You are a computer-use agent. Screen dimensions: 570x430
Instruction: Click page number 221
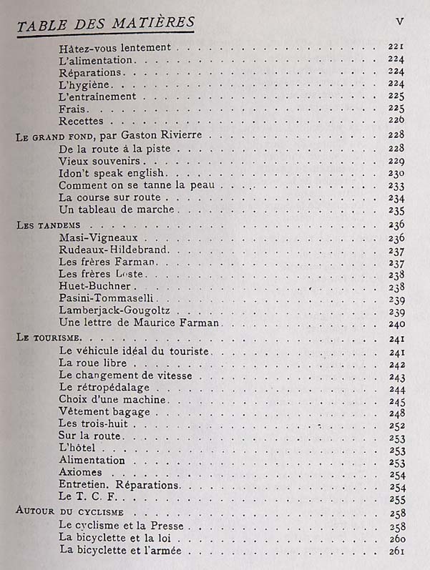[x=396, y=47]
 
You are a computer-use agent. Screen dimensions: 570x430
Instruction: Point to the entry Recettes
[x=82, y=121]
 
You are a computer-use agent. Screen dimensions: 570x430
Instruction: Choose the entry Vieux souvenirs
[x=99, y=161]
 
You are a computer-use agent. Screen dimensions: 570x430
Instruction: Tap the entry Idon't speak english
[x=113, y=173]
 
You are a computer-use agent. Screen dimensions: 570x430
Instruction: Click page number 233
[x=397, y=186]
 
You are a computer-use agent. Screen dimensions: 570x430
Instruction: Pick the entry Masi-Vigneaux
[x=99, y=237]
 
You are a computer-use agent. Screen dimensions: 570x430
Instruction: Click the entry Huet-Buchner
[x=94, y=286]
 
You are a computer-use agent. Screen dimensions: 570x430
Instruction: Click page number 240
[x=397, y=323]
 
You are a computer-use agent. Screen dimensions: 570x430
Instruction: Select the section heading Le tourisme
[x=49, y=338]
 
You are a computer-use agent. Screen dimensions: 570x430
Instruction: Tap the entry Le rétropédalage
[x=104, y=388]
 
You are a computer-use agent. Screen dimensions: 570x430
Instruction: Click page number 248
[x=397, y=413]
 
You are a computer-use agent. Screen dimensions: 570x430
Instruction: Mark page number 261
[x=397, y=551]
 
